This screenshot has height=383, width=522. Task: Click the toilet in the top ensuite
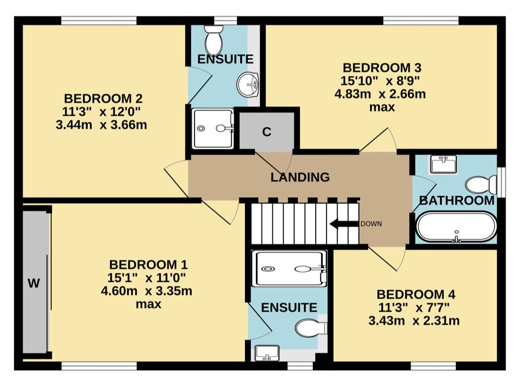[x=214, y=40]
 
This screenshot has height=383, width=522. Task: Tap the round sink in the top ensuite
[x=248, y=85]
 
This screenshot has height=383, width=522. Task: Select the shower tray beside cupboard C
[x=213, y=128]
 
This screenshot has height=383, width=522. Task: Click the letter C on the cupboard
[x=267, y=132]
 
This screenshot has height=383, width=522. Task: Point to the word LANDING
[x=300, y=177]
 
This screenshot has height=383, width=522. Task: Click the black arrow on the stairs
[x=344, y=224]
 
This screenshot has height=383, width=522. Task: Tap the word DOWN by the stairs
[x=371, y=224]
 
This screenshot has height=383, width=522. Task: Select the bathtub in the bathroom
[x=456, y=227]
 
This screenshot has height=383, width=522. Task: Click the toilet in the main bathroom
[x=481, y=185]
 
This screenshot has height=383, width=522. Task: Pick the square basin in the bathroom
[x=444, y=164]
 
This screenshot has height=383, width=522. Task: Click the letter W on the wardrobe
[x=34, y=283]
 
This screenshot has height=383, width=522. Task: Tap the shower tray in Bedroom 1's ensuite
[x=289, y=268]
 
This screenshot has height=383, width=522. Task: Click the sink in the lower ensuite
[x=267, y=353]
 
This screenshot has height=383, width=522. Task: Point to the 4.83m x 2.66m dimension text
[x=380, y=94]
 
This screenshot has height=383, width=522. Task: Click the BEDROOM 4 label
[x=416, y=294]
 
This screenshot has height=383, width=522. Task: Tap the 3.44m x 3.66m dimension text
[x=101, y=125]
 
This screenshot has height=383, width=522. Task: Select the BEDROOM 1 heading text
[x=149, y=265]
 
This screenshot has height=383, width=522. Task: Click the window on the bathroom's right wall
[x=501, y=181]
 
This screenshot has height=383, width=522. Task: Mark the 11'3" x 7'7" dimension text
[x=414, y=308]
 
